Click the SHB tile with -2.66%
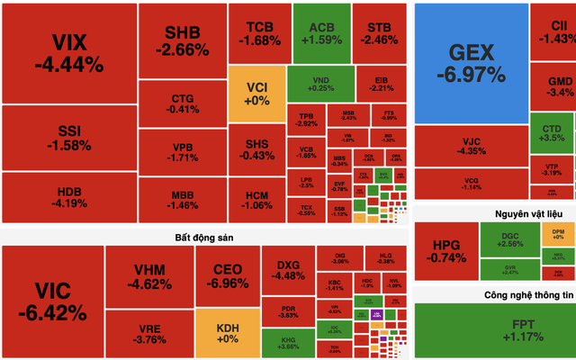pyautogui.click(x=183, y=40)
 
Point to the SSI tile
pyautogui.click(x=68, y=137)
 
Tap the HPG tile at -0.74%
pyautogui.click(x=445, y=251)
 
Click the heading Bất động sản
pyautogui.click(x=205, y=237)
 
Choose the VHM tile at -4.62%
pyautogui.click(x=148, y=275)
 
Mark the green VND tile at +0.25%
pyautogui.click(x=318, y=83)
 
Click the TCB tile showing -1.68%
pyautogui.click(x=258, y=33)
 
